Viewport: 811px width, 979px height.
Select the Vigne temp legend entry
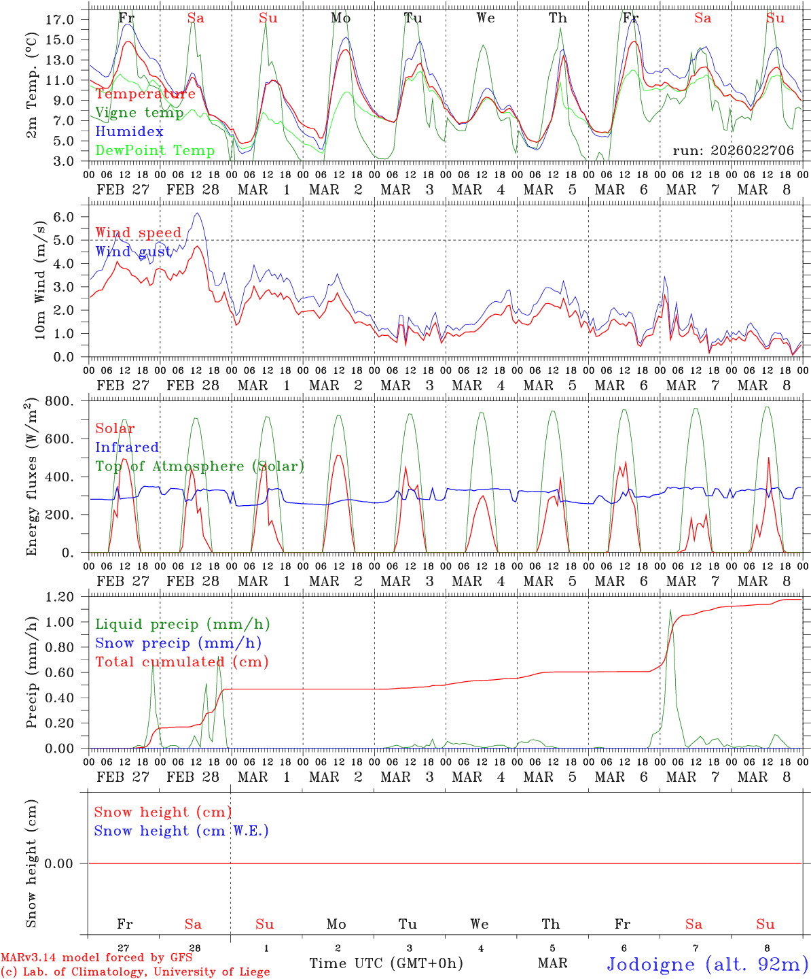[x=139, y=113]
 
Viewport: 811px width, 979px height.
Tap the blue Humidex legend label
[x=129, y=132]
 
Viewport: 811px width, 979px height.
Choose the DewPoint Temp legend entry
[x=155, y=151]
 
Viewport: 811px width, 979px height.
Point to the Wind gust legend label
[x=133, y=252]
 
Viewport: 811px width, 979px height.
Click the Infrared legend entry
[x=127, y=447]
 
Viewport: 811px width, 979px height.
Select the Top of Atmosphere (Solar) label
[x=200, y=466]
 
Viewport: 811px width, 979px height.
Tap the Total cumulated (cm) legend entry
[x=182, y=662]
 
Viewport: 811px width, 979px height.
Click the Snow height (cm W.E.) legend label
[x=181, y=831]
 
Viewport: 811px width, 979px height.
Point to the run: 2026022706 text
[x=734, y=151]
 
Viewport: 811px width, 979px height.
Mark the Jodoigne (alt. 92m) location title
[x=707, y=964]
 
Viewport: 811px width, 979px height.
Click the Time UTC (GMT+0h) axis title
[x=386, y=963]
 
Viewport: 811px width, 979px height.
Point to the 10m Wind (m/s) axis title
[x=39, y=279]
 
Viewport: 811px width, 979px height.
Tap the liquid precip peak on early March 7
[x=670, y=611]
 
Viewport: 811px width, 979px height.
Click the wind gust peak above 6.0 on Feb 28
[x=197, y=213]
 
